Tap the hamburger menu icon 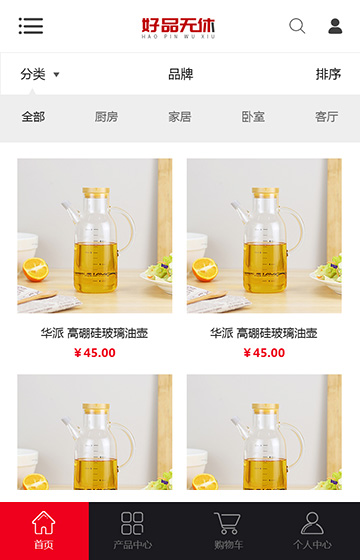(31, 26)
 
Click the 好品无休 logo (179, 27)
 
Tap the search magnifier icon (297, 26)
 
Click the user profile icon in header (335, 26)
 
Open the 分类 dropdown (40, 74)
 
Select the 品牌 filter (180, 74)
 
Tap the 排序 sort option (328, 74)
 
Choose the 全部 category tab (33, 117)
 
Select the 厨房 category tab (106, 117)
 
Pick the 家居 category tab (180, 117)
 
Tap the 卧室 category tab (253, 117)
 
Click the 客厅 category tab (326, 117)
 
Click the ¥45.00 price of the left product (95, 352)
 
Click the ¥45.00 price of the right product (264, 352)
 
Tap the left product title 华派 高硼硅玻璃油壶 (95, 333)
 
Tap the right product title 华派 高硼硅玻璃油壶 (264, 333)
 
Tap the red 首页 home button (44, 531)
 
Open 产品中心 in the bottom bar (133, 531)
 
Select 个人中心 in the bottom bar (312, 531)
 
